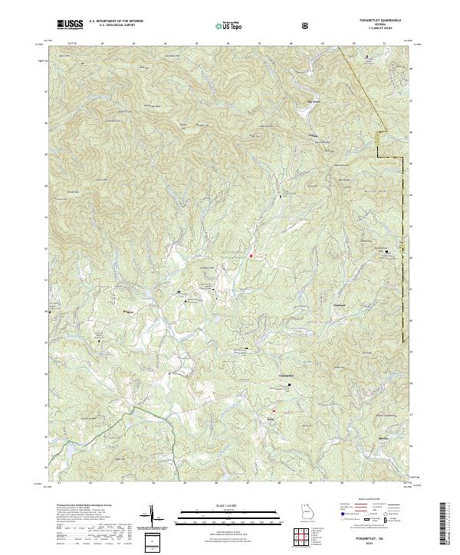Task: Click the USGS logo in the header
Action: [71, 24]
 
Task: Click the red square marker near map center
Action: [251, 255]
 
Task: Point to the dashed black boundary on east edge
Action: [402, 291]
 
